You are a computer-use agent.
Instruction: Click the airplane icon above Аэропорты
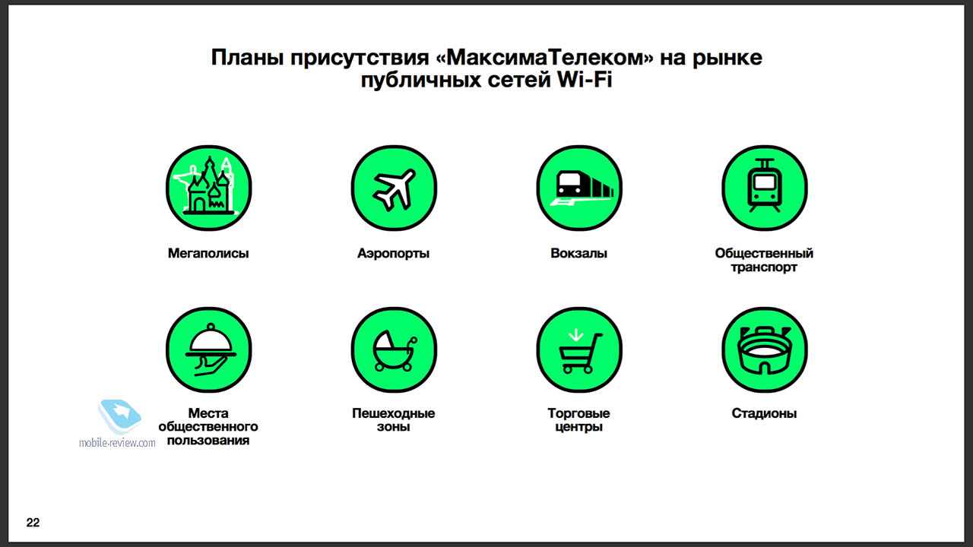tap(394, 188)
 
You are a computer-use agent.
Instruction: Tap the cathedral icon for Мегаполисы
tap(208, 188)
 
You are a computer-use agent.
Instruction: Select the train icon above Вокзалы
tap(579, 188)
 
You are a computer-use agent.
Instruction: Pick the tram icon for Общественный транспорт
tap(765, 188)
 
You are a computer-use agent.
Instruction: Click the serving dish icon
tap(208, 350)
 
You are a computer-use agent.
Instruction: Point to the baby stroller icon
tap(394, 350)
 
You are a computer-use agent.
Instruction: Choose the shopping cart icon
tap(579, 350)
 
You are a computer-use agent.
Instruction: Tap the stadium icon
tap(765, 350)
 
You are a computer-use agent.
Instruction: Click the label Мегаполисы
tap(208, 253)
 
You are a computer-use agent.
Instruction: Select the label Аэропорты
tap(394, 253)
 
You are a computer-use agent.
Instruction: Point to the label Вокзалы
tap(578, 253)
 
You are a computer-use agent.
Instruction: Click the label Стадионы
tap(764, 413)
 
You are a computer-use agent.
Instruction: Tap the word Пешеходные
tap(394, 413)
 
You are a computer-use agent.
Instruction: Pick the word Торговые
tap(578, 413)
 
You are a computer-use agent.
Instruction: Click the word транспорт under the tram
tap(764, 267)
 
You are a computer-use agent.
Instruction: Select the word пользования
tap(208, 440)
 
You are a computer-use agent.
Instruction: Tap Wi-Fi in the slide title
tap(585, 80)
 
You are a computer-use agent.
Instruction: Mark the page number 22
tap(33, 522)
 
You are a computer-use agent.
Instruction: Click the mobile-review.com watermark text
tap(117, 443)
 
